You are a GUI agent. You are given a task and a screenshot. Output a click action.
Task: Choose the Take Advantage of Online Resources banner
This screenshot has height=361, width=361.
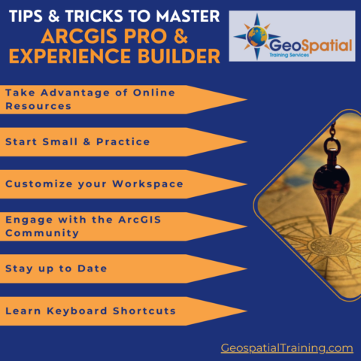[113, 99]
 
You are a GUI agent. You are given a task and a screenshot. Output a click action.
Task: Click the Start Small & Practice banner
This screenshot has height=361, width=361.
[113, 141]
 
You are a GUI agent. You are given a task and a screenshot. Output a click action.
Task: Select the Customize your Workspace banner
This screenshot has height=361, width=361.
[113, 184]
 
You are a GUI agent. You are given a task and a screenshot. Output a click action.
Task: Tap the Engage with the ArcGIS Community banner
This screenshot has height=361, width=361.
[113, 226]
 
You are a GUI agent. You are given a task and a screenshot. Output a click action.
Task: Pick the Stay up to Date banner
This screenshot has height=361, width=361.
[113, 268]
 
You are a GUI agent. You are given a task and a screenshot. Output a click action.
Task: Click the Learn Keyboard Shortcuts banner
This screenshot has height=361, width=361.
[113, 311]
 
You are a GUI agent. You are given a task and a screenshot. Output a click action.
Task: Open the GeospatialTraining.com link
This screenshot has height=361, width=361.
[287, 347]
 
